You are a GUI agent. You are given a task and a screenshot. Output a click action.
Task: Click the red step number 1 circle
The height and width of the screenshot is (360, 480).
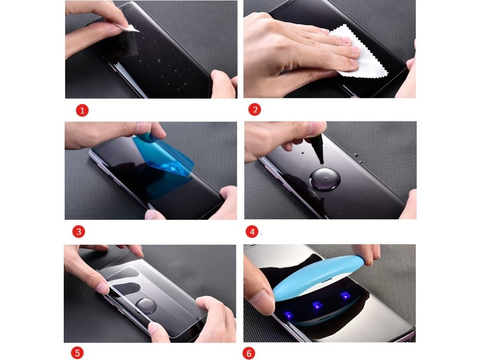pyautogui.click(x=82, y=110)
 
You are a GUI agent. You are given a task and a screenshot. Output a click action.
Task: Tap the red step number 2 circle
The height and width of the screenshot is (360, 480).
pyautogui.click(x=255, y=110)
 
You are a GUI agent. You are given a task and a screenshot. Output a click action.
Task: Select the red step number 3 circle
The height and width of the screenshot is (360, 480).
pyautogui.click(x=79, y=232)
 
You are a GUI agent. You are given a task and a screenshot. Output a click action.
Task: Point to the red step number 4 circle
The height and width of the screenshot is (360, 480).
pyautogui.click(x=252, y=232)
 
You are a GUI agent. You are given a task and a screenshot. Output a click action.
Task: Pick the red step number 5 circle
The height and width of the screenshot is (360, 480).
pyautogui.click(x=77, y=352)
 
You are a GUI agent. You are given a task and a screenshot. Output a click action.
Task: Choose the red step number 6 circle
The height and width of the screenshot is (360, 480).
pyautogui.click(x=249, y=353)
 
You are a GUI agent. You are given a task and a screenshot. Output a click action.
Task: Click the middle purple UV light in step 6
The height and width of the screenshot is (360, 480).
pyautogui.click(x=316, y=306)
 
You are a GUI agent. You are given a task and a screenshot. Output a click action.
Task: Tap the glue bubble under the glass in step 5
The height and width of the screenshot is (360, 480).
pyautogui.click(x=146, y=306)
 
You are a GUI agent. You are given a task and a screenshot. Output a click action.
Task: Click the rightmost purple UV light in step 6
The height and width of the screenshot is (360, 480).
pyautogui.click(x=345, y=296)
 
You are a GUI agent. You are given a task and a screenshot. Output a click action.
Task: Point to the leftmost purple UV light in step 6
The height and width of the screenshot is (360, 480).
pyautogui.click(x=288, y=315)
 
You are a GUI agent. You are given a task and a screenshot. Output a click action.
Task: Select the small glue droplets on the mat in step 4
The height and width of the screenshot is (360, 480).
pyautogui.click(x=358, y=157)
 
